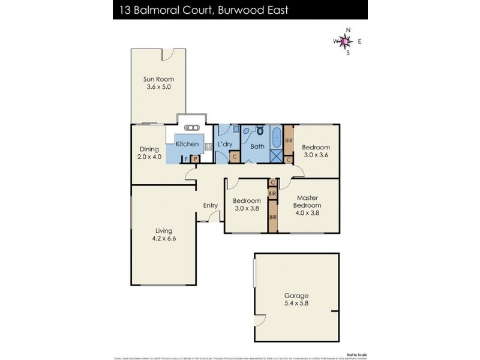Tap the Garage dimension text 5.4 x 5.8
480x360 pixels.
click(x=296, y=304)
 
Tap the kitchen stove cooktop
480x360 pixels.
click(x=209, y=146)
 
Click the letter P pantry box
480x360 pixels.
click(x=194, y=159)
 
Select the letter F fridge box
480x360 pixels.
click(x=187, y=159)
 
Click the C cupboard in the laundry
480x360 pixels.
click(x=235, y=157)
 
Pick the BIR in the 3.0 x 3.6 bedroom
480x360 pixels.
click(x=289, y=140)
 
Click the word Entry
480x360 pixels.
click(x=210, y=206)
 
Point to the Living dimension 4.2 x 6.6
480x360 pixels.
click(x=164, y=238)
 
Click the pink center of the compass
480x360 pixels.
click(x=344, y=41)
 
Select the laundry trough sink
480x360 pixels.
click(x=220, y=128)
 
